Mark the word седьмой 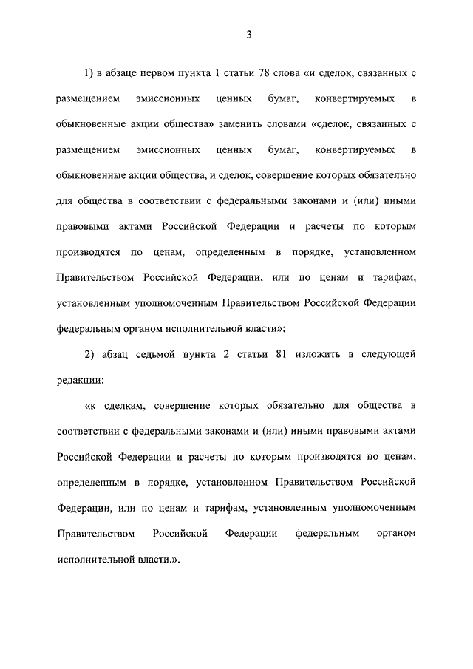click(x=166, y=353)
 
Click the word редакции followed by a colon click(x=79, y=379)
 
